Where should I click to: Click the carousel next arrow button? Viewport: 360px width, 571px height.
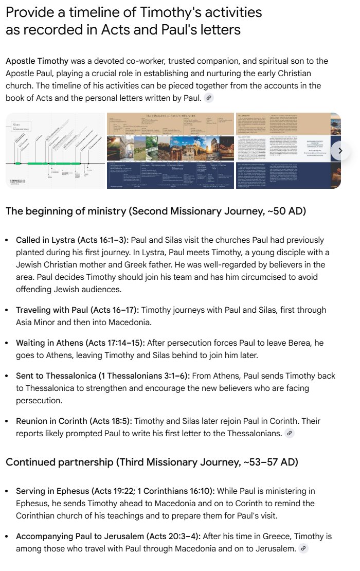(340, 151)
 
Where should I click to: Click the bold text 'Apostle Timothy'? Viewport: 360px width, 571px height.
(37, 61)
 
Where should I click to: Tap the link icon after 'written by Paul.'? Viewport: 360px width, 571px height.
(208, 98)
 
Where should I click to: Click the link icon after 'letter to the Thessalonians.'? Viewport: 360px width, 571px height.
(290, 434)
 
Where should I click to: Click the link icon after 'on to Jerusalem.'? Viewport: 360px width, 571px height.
(304, 549)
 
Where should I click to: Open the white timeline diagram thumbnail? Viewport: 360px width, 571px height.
(55, 151)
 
